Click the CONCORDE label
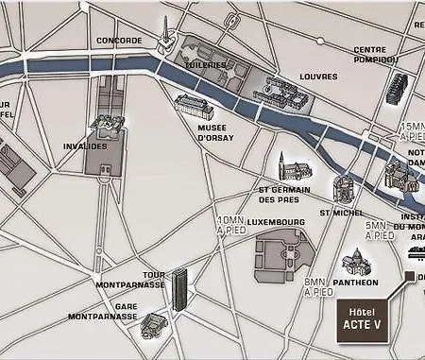tap(119, 41)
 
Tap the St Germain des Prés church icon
tap(295, 168)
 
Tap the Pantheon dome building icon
tap(356, 262)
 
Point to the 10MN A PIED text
tap(229, 225)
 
